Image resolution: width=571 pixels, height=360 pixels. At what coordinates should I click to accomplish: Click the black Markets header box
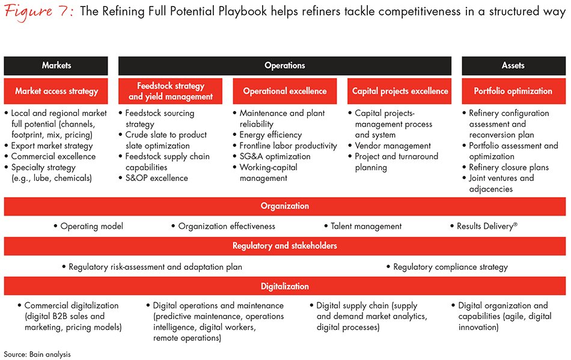pyautogui.click(x=56, y=66)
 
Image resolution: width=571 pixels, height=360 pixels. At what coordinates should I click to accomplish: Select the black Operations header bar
pyautogui.click(x=285, y=66)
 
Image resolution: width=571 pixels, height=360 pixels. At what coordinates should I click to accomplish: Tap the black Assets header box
pyautogui.click(x=513, y=66)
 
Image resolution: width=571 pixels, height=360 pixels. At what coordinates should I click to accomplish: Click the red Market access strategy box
pyautogui.click(x=56, y=91)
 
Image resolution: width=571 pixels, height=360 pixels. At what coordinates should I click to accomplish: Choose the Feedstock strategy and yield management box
pyautogui.click(x=171, y=91)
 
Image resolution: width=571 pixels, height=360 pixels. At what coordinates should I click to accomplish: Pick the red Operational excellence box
pyautogui.click(x=285, y=91)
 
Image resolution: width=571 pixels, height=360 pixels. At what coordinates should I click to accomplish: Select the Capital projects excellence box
pyautogui.click(x=400, y=91)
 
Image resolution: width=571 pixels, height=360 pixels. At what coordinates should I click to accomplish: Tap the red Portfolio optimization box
pyautogui.click(x=513, y=91)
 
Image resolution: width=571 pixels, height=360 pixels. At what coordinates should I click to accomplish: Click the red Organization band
pyautogui.click(x=285, y=206)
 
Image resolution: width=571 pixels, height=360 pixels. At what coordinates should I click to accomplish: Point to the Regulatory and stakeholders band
pyautogui.click(x=285, y=246)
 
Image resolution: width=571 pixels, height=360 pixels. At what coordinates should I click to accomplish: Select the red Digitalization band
pyautogui.click(x=285, y=286)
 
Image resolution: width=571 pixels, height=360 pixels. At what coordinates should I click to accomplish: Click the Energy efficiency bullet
pyautogui.click(x=270, y=135)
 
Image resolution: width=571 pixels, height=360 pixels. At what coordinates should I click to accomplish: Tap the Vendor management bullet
pyautogui.click(x=392, y=145)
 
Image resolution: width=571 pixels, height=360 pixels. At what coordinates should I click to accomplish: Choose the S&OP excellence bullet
pyautogui.click(x=156, y=178)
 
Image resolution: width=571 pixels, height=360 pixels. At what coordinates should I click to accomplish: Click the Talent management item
pyautogui.click(x=366, y=226)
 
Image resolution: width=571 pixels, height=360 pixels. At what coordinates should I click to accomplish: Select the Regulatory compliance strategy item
pyautogui.click(x=450, y=266)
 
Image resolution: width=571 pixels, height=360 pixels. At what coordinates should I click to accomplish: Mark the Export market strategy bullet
pyautogui.click(x=52, y=145)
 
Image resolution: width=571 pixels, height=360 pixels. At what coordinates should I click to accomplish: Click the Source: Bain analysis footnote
pyautogui.click(x=37, y=354)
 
